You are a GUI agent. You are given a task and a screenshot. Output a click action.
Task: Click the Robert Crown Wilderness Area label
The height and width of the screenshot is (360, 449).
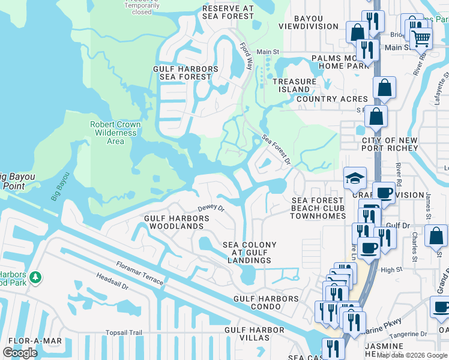click(x=115, y=133)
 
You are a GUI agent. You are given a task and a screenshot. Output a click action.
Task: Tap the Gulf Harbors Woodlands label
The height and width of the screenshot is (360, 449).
click(x=176, y=223)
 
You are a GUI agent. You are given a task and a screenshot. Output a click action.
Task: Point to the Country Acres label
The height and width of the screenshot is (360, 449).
click(x=332, y=99)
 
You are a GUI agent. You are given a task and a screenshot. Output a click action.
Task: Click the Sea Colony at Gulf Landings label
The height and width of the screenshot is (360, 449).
click(x=250, y=253)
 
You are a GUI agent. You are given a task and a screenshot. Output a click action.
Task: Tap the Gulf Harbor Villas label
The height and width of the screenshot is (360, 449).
click(x=255, y=334)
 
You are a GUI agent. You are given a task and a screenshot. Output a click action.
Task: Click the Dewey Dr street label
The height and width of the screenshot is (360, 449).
click(x=211, y=208)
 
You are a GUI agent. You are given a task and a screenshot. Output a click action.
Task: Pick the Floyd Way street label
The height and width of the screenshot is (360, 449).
click(x=246, y=56)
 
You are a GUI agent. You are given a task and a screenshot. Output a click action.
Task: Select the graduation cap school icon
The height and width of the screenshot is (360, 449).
click(x=355, y=177)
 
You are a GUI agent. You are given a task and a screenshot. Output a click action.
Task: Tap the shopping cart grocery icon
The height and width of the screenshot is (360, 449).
click(x=421, y=38)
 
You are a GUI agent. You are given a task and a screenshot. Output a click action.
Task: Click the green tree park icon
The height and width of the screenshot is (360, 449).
click(x=36, y=277)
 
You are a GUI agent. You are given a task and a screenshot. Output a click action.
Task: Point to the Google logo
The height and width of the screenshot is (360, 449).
click(x=20, y=352)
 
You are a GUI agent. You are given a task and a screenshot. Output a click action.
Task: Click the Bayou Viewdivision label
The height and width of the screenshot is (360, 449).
click(x=309, y=22)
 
